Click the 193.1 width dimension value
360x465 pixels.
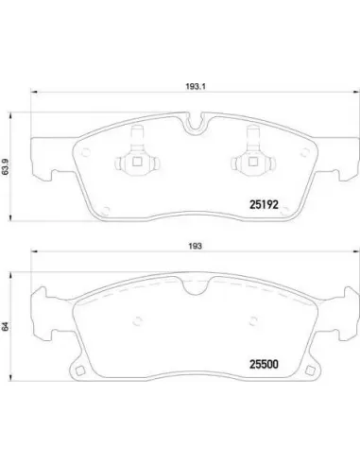point(196,86)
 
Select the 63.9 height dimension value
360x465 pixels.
point(6,166)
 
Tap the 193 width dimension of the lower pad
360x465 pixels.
point(196,246)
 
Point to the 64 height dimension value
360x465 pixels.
point(6,326)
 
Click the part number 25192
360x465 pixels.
point(264,205)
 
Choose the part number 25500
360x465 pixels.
point(264,365)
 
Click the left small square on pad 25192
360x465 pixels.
point(137,162)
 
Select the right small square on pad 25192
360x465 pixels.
point(252,162)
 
